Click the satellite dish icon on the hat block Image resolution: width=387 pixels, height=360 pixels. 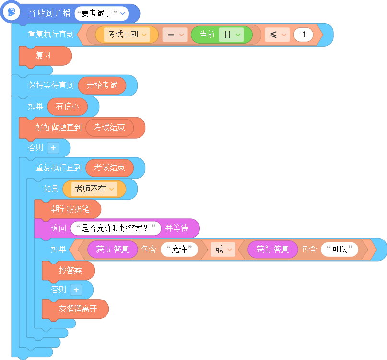tap(12, 12)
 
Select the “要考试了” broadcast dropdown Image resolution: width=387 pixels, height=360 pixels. tap(102, 13)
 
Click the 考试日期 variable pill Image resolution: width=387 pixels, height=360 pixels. tap(127, 35)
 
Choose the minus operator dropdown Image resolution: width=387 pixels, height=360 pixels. tap(175, 35)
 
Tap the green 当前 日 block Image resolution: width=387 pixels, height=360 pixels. tap(222, 35)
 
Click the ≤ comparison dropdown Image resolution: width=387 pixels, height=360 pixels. tap(277, 35)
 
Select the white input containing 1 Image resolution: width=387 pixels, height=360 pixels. tap(304, 35)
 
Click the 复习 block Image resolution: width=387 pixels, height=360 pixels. tap(46, 56)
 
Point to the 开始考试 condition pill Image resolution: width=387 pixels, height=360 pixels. tap(102, 85)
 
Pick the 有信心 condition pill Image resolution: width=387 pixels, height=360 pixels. tap(68, 107)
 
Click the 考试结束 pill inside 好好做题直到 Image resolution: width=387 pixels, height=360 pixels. tap(110, 128)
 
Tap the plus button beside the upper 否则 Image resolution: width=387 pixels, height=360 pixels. tap(53, 148)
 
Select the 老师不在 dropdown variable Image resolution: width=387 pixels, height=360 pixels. tap(94, 189)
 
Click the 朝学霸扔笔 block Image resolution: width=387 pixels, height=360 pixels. tap(68, 209)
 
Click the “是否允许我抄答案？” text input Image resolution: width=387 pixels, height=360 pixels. tap(116, 228)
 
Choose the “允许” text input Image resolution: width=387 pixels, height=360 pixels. tap(179, 249)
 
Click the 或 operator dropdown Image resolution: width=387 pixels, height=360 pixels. tap(223, 249)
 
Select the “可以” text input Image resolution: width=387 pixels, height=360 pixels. tap(340, 249)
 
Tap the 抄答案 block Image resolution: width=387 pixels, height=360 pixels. tap(69, 271)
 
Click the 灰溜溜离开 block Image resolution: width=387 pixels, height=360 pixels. tap(75, 309)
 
